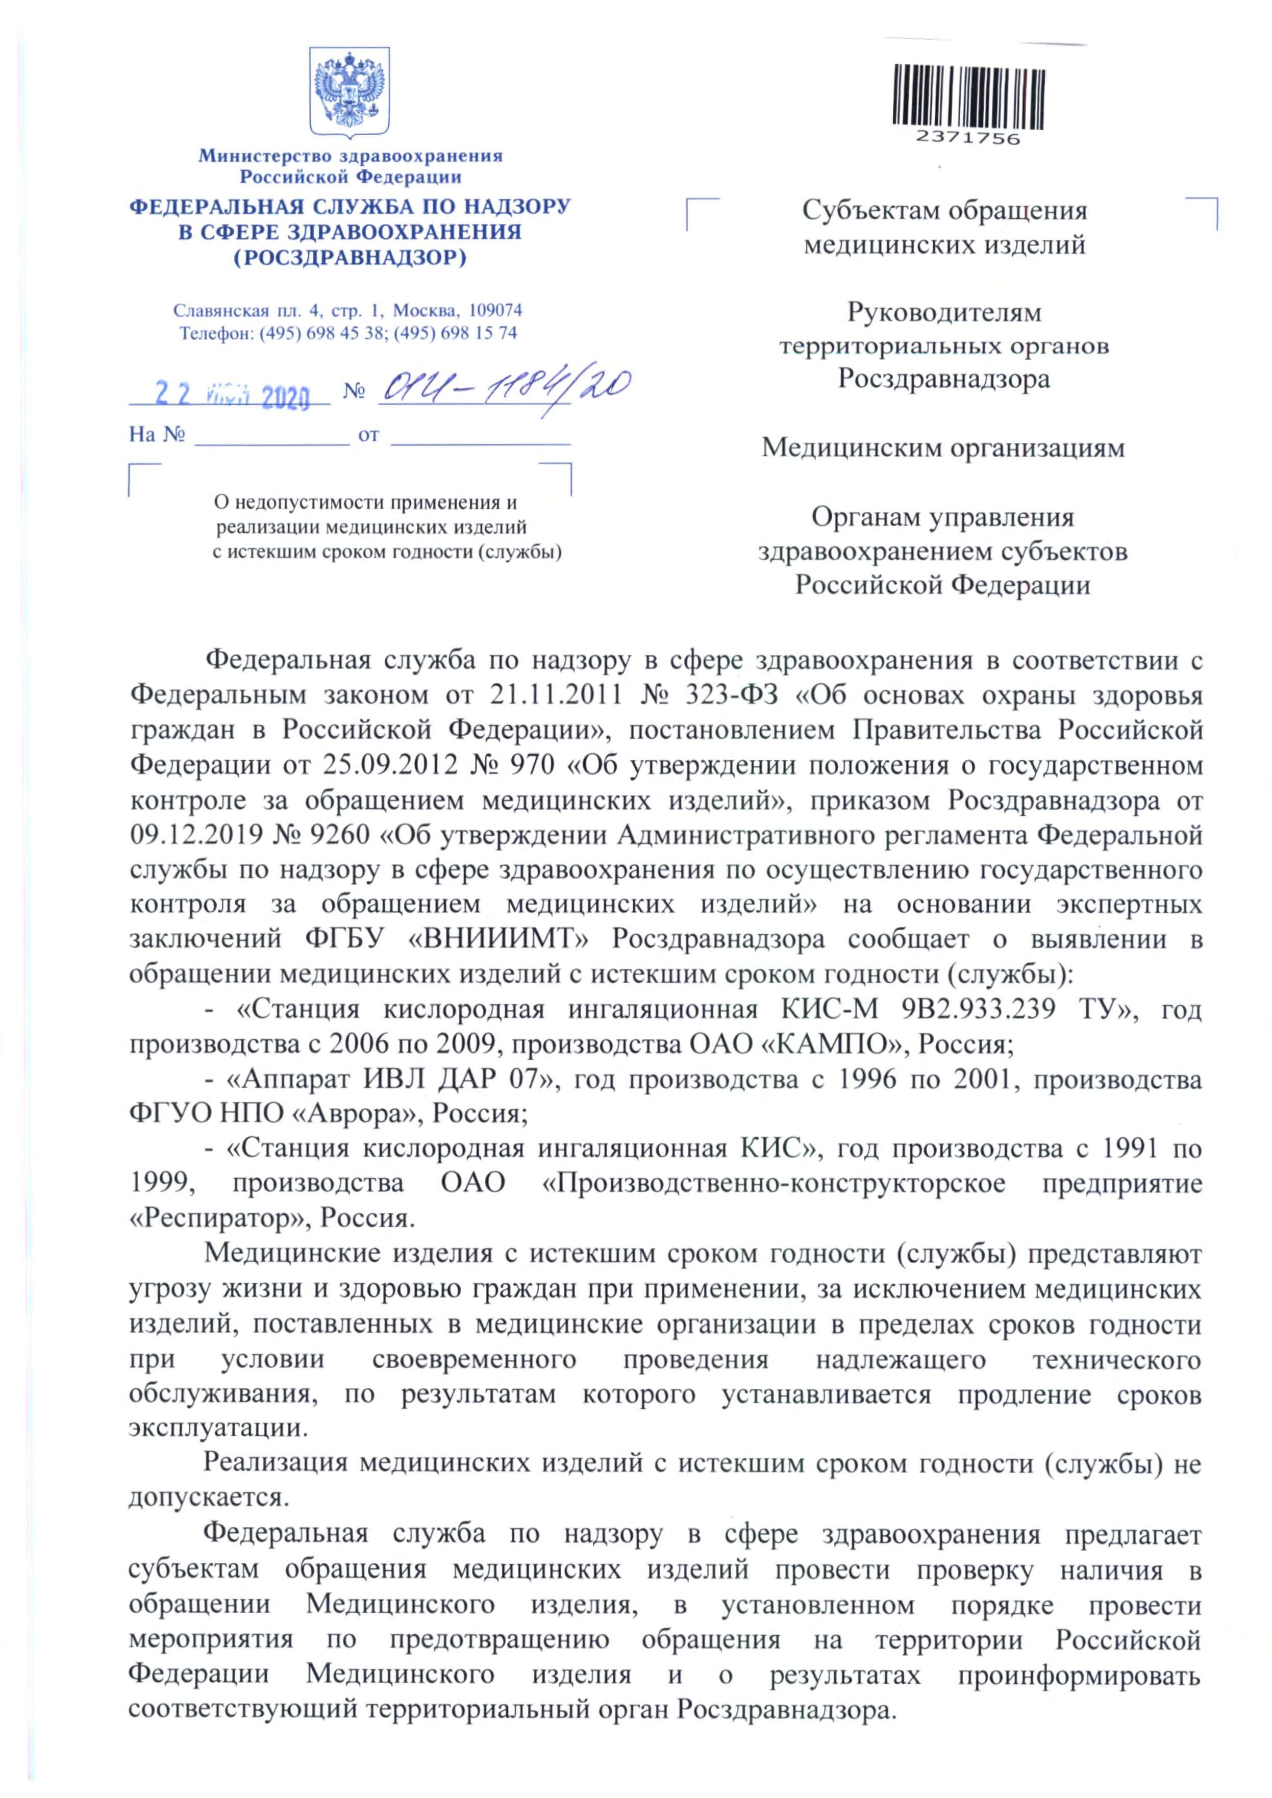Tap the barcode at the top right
[x=968, y=95]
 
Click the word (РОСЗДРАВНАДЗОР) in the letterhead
[x=350, y=257]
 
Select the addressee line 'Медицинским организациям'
[x=944, y=448]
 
